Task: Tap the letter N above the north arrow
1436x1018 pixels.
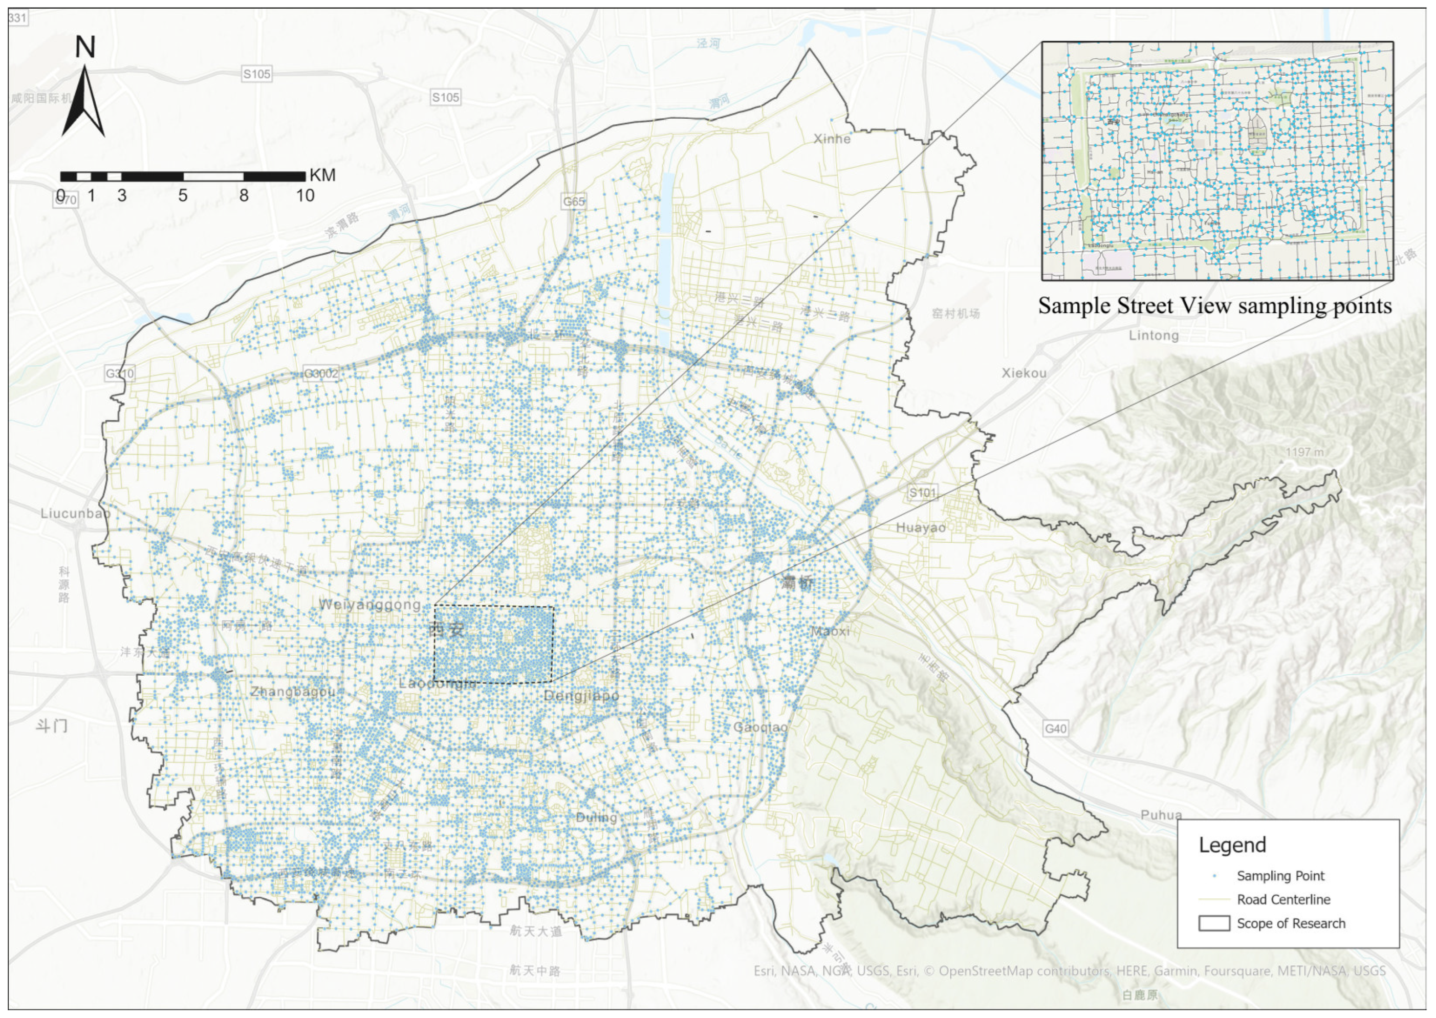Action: (85, 48)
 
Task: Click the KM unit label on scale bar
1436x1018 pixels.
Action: (322, 175)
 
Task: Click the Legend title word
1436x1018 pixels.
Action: (1232, 845)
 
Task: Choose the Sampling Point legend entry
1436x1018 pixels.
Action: (1280, 876)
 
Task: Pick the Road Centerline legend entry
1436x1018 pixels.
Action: (1283, 899)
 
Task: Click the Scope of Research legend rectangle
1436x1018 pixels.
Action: (1214, 923)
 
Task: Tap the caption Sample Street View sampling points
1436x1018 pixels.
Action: (1214, 306)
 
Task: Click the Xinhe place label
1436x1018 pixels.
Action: (832, 139)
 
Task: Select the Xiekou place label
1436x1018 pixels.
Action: (1024, 373)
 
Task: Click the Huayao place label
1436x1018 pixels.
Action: (921, 528)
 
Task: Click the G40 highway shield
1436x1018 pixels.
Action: (1055, 728)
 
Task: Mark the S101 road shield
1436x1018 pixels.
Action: (922, 493)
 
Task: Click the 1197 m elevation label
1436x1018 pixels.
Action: (1304, 452)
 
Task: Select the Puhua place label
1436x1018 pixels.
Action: (1161, 815)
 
